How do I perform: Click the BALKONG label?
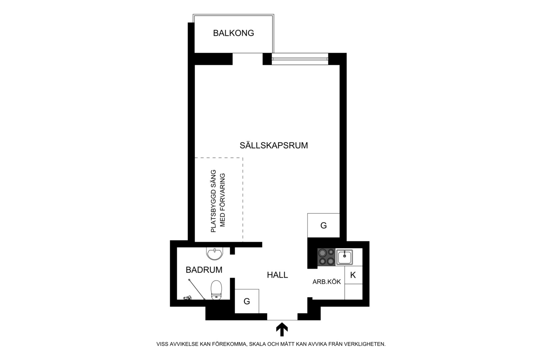[x=233, y=33]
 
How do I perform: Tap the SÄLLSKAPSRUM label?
[x=274, y=145]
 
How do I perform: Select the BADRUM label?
[x=204, y=270]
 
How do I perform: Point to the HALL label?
[x=277, y=275]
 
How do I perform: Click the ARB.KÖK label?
[x=327, y=282]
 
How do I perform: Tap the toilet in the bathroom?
[x=216, y=290]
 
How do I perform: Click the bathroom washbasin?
[x=215, y=254]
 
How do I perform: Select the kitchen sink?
[x=344, y=257]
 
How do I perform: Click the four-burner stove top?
[x=326, y=257]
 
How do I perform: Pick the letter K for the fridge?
[x=353, y=275]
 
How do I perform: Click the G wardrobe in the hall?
[x=247, y=301]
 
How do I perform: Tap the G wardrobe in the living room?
[x=324, y=225]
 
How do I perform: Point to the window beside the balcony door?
[x=300, y=59]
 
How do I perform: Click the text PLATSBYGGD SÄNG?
[x=213, y=201]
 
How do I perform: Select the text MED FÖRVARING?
[x=222, y=200]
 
